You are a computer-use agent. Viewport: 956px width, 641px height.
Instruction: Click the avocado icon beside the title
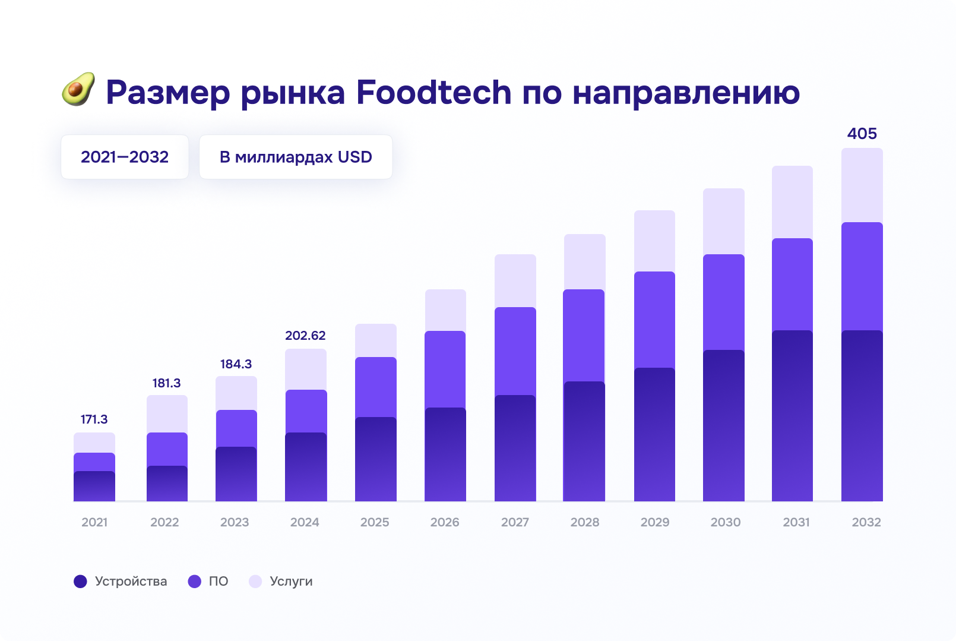coord(78,90)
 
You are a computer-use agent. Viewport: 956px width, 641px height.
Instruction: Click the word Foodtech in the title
coord(433,93)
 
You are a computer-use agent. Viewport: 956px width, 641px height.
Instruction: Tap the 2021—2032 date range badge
coord(125,157)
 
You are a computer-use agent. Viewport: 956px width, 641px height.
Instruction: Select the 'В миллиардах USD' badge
coord(296,157)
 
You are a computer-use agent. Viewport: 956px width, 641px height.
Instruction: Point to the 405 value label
coord(862,134)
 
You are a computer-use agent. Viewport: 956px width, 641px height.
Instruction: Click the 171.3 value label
coord(94,419)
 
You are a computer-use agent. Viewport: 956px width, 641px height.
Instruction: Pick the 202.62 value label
coord(305,336)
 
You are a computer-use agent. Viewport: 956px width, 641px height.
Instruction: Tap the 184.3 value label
coord(236,364)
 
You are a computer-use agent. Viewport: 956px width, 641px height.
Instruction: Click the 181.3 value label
coord(166,383)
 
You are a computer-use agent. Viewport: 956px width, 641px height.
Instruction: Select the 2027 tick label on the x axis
coord(515,522)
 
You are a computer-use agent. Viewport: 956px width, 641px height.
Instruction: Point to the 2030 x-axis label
coord(725,522)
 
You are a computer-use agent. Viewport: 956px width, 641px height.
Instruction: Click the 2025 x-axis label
coord(375,522)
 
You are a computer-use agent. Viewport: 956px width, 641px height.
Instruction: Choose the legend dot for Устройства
coord(80,582)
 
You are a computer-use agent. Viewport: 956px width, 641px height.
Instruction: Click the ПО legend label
coord(219,582)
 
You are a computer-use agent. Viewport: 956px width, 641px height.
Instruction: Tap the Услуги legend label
coord(291,582)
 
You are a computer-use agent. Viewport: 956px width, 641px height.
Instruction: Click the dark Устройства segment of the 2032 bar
coord(862,416)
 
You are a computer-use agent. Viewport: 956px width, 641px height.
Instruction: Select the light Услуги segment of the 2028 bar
coord(584,261)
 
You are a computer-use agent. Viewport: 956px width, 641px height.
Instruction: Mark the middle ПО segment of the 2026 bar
coord(445,369)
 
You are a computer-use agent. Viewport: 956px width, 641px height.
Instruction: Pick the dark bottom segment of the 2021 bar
coord(94,486)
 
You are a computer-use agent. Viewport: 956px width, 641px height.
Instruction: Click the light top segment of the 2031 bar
coord(792,202)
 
